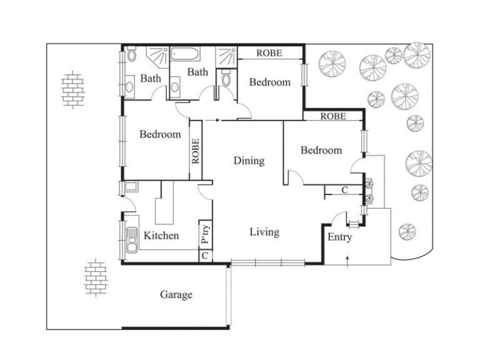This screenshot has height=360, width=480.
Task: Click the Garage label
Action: point(176,295)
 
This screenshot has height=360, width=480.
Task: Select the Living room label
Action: point(264,232)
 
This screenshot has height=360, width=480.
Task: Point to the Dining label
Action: point(249,160)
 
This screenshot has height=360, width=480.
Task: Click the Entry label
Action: point(340,237)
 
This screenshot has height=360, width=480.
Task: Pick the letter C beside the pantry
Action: point(205,256)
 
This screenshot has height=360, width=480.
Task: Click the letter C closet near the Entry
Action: point(344,191)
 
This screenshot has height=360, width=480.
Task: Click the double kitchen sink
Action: point(130,241)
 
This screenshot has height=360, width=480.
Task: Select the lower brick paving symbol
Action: point(94,277)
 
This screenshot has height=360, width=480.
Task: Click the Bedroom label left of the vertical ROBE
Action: point(160,134)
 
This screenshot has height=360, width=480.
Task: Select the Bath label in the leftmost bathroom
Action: point(151,78)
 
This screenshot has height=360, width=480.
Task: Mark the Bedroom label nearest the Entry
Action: point(322,150)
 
